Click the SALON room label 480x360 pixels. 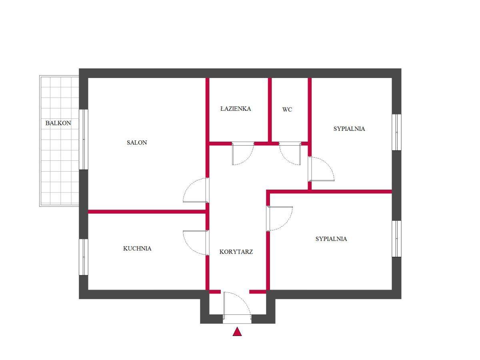137,142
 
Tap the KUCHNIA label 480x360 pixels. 137,248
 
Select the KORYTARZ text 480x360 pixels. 236,252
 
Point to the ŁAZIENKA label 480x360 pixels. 236,108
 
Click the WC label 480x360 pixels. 287,110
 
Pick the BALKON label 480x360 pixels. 58,123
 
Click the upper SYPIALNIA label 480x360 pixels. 349,129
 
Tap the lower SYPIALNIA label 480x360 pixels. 331,239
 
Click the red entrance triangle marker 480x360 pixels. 237,331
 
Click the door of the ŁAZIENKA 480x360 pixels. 243,154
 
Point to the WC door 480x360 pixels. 290,154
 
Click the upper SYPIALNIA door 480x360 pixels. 321,169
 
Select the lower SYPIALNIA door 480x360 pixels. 280,218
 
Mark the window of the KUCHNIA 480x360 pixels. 84,257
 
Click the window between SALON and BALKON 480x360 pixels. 84,140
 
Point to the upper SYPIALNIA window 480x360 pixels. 396,132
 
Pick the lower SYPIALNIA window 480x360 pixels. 396,239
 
